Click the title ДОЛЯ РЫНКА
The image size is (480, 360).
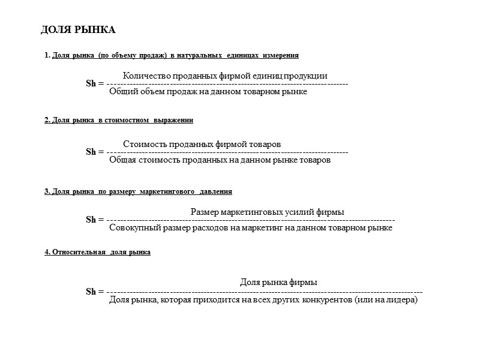click(78, 30)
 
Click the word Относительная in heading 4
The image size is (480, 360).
click(79, 253)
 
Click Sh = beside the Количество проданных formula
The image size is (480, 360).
click(95, 83)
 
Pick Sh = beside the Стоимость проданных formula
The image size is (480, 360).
click(95, 152)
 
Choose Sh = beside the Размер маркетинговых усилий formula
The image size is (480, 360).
click(95, 220)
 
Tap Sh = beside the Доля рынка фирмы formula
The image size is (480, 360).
click(95, 292)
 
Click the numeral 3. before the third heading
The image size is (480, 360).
click(47, 191)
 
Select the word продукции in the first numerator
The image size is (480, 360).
click(306, 76)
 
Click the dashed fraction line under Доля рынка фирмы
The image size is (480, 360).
click(264, 292)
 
